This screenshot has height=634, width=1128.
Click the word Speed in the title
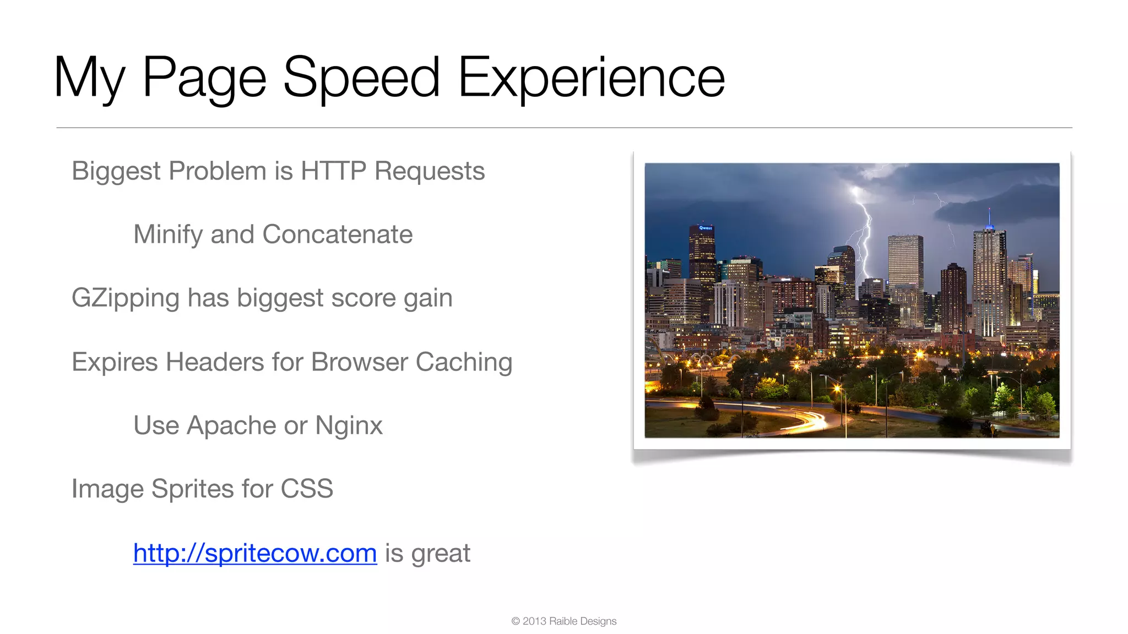(x=361, y=78)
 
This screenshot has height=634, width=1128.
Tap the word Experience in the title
(x=591, y=78)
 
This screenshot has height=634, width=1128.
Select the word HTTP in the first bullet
(x=333, y=171)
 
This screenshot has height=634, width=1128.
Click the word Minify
(x=168, y=235)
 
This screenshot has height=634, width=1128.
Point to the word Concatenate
(x=337, y=235)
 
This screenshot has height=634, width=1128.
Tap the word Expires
(x=115, y=362)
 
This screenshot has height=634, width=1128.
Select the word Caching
(x=464, y=362)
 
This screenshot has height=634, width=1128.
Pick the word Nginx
(x=349, y=426)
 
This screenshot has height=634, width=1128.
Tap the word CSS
(x=307, y=489)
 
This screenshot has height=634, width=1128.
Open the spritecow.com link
(x=255, y=553)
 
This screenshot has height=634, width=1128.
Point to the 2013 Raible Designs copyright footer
(x=563, y=621)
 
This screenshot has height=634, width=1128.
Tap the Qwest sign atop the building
(x=705, y=227)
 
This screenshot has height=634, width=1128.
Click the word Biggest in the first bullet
(x=116, y=171)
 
